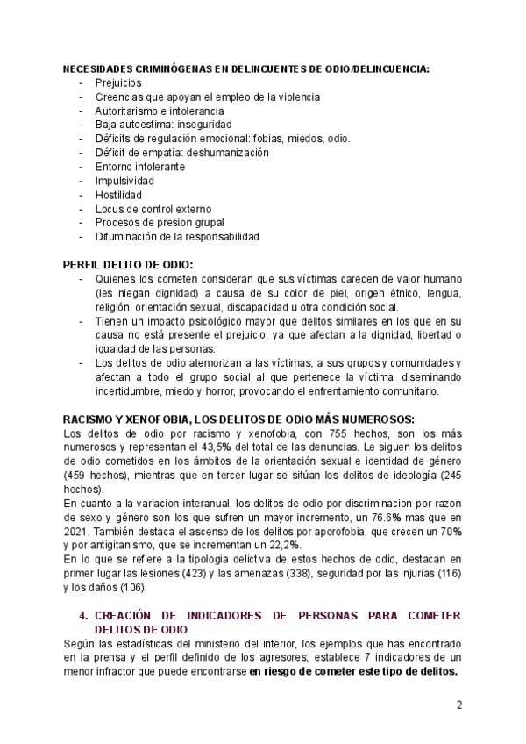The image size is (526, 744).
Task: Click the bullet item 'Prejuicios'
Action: [x=118, y=82]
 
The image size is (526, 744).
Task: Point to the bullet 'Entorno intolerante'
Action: [x=139, y=166]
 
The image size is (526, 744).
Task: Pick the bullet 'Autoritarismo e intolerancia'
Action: [x=159, y=111]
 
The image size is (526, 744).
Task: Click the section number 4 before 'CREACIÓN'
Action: [x=82, y=617]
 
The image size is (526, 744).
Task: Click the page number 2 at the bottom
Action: [x=458, y=705]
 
